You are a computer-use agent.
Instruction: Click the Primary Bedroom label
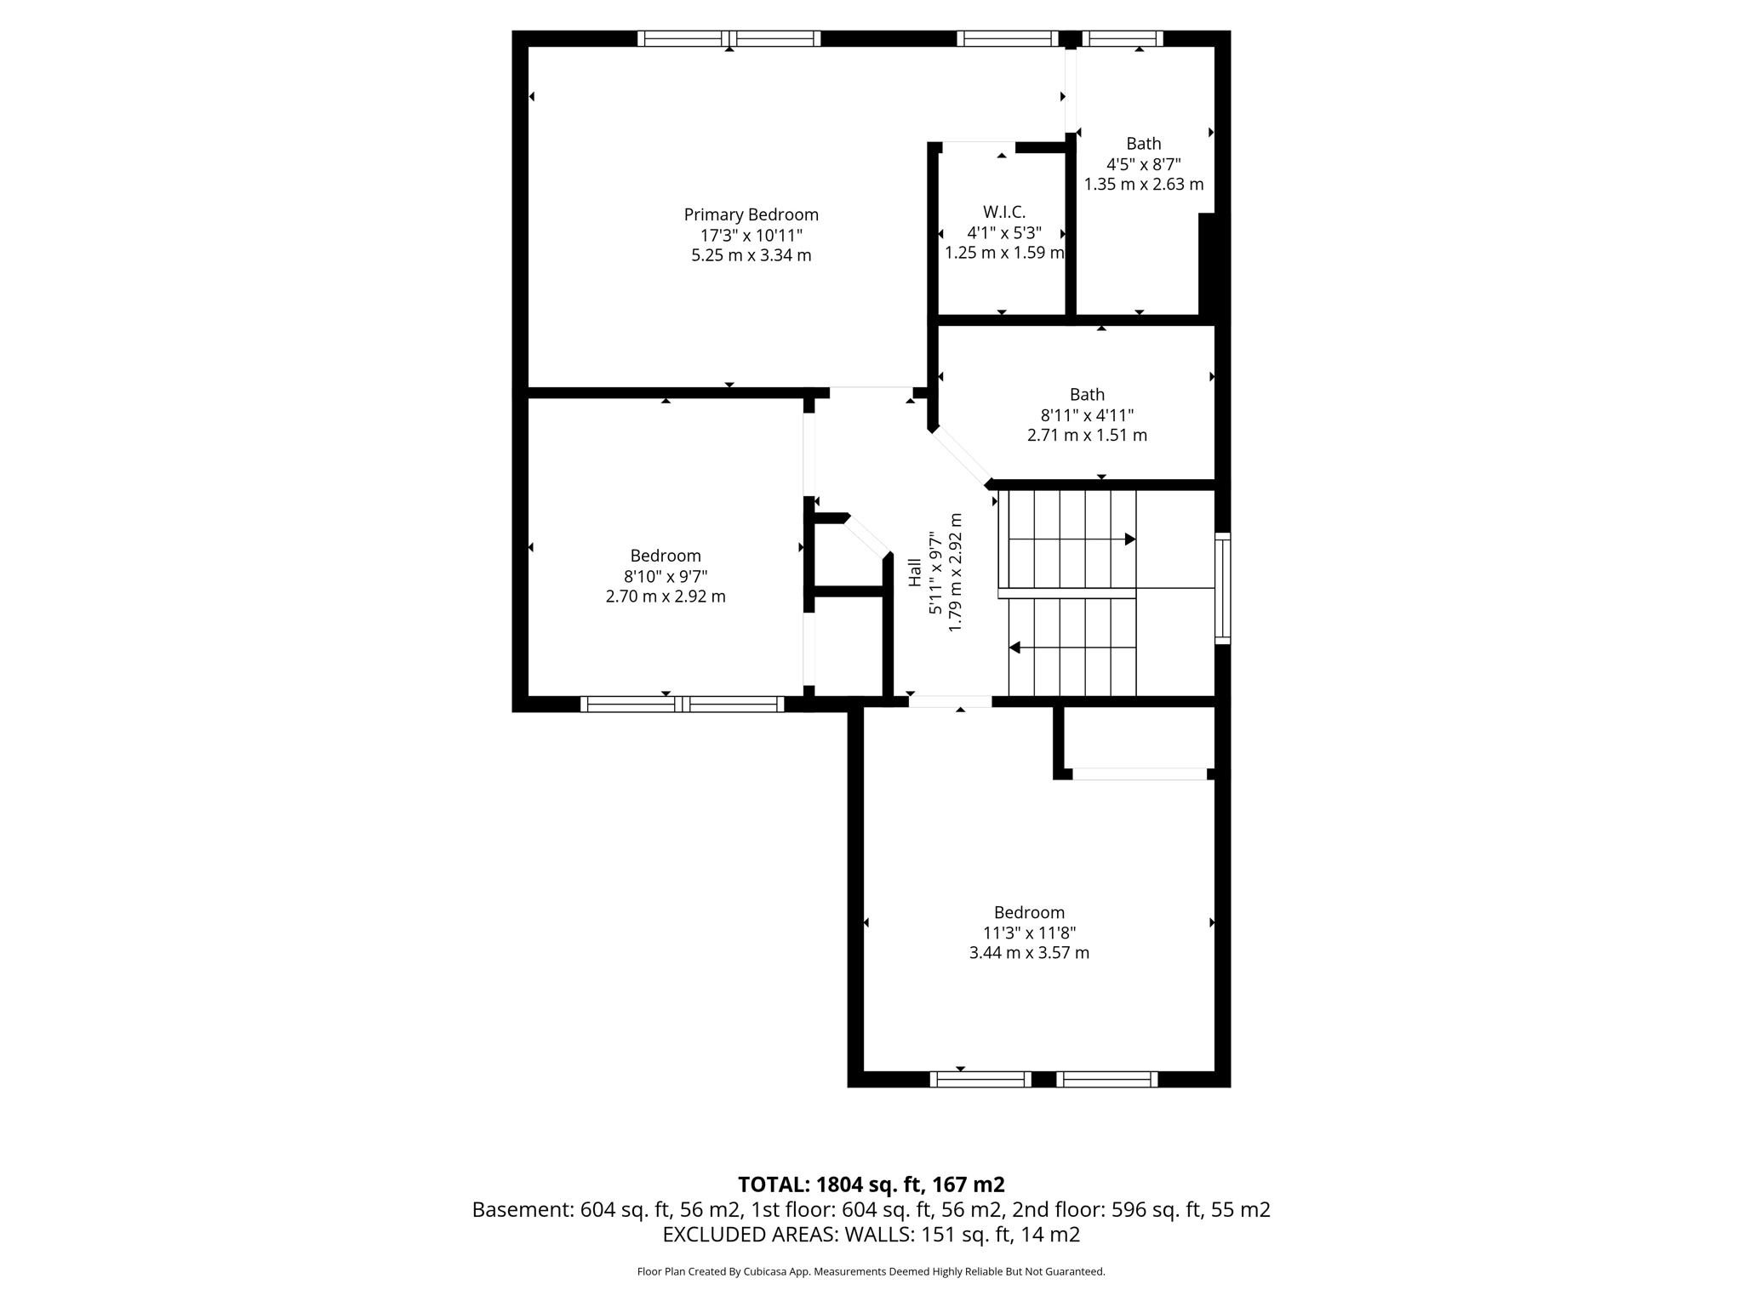(x=751, y=215)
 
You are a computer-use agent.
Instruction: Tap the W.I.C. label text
(x=1004, y=212)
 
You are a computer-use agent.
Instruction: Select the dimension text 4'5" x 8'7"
(x=1143, y=164)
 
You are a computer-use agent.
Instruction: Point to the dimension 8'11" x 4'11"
(x=1087, y=415)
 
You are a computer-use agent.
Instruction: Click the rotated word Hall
(x=915, y=572)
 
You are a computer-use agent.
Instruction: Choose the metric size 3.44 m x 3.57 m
(x=1029, y=953)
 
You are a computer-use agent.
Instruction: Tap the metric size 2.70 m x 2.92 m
(x=666, y=596)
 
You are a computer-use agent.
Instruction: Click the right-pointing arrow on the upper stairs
(x=1129, y=539)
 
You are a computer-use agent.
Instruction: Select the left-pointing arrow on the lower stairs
(x=1014, y=648)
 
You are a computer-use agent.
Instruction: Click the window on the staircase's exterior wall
(x=1222, y=588)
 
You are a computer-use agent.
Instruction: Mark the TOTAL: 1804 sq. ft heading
(x=871, y=1184)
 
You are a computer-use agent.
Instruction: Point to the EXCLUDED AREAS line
(x=871, y=1235)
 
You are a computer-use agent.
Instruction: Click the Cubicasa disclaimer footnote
(x=871, y=1272)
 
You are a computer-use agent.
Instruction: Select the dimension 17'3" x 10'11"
(x=751, y=236)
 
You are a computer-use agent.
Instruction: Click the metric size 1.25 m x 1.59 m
(x=1004, y=253)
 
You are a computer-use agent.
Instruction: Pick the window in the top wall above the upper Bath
(x=1123, y=38)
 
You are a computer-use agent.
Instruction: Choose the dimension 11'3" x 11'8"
(x=1029, y=933)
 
